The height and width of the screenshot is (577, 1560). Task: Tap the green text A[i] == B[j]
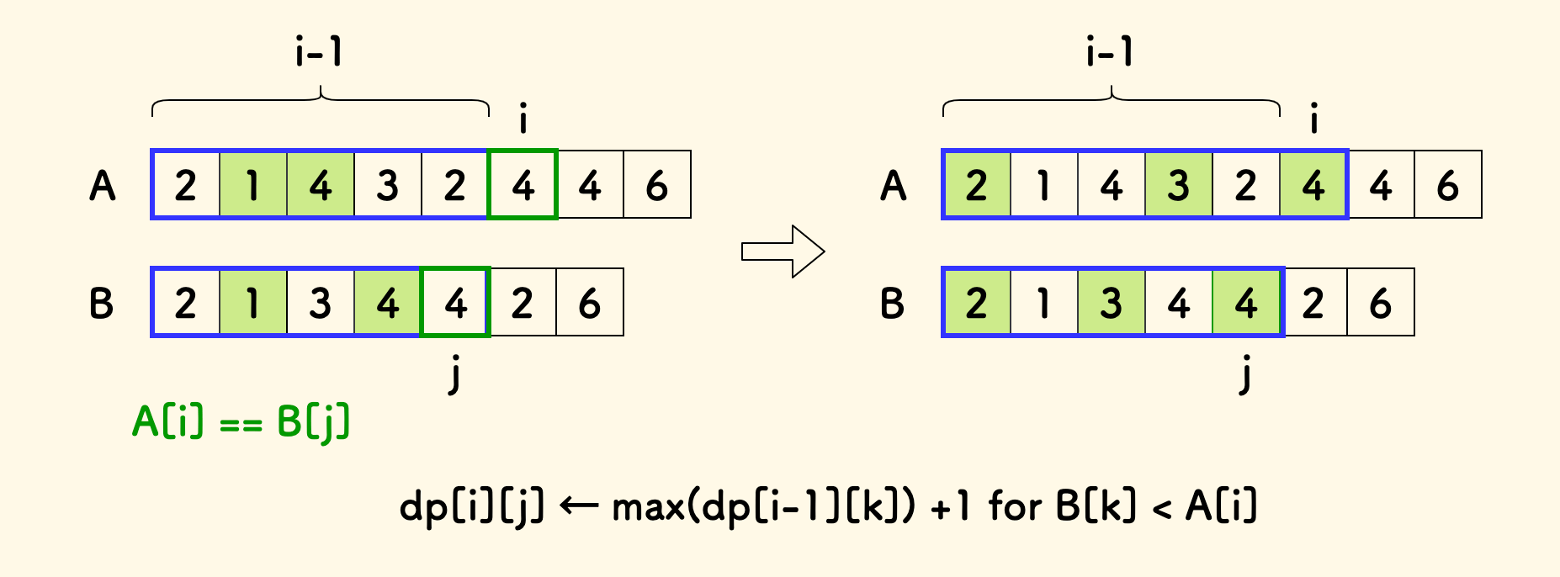point(241,421)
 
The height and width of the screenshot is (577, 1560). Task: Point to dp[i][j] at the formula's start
point(471,507)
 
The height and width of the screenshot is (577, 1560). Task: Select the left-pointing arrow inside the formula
point(578,506)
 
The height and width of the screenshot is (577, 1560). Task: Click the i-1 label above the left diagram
point(319,52)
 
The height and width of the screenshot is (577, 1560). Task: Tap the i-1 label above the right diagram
point(1110,52)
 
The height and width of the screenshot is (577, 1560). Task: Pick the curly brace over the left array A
point(320,100)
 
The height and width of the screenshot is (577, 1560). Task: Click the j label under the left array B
point(454,374)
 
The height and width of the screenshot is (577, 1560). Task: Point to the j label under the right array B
point(1245,374)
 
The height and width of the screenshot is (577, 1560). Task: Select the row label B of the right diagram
point(892,303)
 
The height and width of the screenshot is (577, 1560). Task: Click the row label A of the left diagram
point(102,185)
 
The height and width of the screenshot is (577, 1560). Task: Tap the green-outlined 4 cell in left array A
point(523,185)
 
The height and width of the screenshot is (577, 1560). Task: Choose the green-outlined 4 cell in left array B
point(455,303)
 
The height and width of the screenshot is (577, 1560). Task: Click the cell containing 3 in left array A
point(388,185)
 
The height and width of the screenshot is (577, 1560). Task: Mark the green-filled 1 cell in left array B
point(253,303)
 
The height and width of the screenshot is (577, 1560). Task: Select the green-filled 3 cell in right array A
point(1179,185)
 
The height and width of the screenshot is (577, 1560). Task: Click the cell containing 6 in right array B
point(1381,303)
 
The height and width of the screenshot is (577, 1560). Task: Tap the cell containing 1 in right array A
point(1044,185)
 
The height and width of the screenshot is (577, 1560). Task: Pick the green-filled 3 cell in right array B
point(1112,303)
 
